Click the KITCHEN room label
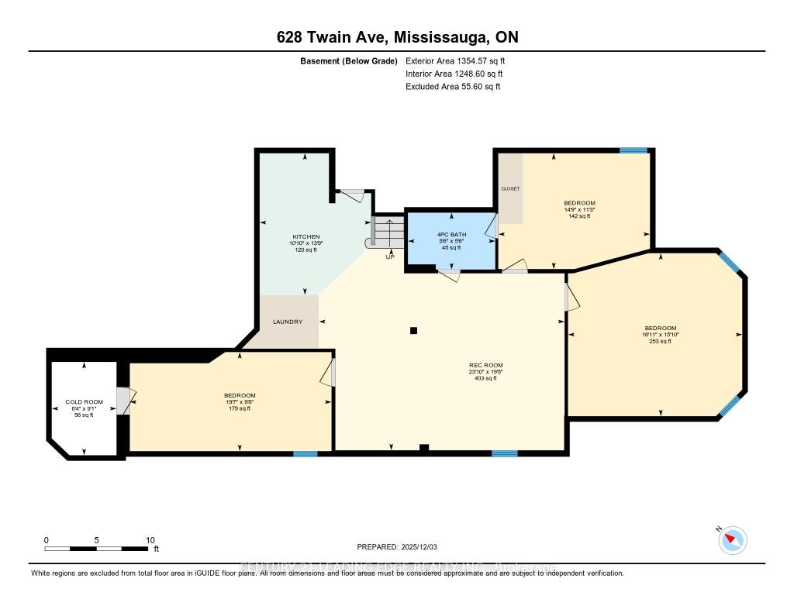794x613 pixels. point(306,236)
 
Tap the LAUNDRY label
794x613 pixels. point(287,322)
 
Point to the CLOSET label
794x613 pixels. point(510,188)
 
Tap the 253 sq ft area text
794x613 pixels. point(660,341)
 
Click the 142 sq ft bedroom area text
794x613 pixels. point(578,216)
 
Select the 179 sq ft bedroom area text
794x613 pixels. point(239,408)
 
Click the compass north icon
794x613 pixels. point(732,539)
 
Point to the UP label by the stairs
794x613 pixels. point(390,257)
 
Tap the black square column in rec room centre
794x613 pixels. point(414,330)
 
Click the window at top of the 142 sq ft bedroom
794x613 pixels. point(633,150)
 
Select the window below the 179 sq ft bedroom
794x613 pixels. point(305,453)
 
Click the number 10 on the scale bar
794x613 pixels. point(150,540)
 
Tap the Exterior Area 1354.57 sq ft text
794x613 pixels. point(455,60)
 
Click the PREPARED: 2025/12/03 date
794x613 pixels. point(396,546)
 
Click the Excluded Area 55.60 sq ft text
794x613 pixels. point(453,87)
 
